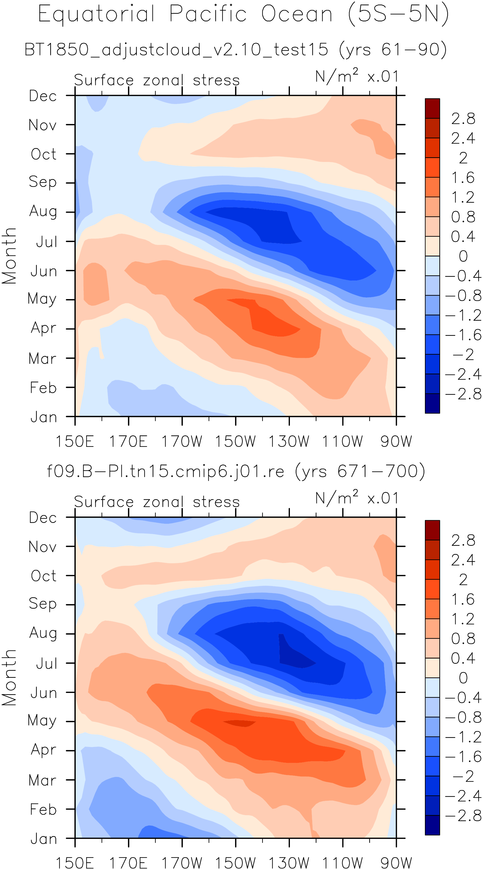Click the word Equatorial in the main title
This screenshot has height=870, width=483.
[96, 14]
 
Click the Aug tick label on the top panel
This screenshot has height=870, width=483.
[43, 212]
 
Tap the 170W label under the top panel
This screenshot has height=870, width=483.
[182, 441]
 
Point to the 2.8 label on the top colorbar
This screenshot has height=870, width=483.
[463, 118]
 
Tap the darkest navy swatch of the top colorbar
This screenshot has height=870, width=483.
[432, 403]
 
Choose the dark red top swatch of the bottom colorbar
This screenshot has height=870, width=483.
[432, 530]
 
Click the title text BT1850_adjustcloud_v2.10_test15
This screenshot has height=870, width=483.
[176, 50]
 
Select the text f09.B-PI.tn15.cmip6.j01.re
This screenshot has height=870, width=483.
[165, 471]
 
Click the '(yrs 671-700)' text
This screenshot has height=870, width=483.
[360, 471]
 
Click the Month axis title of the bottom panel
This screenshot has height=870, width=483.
[9, 677]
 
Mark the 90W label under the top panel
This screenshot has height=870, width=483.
[396, 441]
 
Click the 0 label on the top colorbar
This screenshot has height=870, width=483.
[463, 256]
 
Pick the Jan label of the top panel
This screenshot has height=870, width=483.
[44, 417]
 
